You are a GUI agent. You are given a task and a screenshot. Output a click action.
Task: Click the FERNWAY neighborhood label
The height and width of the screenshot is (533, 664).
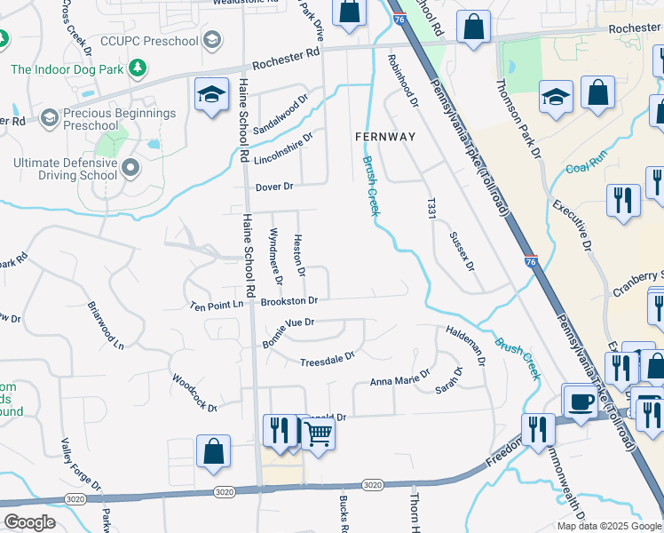click(x=384, y=137)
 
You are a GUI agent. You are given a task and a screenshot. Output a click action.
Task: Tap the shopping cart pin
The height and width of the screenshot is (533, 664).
click(x=317, y=434)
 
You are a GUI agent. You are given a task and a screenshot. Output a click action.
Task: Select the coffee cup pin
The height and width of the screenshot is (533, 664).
click(x=581, y=402)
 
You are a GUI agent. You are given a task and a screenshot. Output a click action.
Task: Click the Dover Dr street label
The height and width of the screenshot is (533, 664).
click(x=273, y=187)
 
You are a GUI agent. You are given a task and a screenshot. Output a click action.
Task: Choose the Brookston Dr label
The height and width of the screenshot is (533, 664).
click(x=289, y=301)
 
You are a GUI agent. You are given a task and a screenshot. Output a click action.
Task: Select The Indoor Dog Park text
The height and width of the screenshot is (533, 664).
click(x=67, y=68)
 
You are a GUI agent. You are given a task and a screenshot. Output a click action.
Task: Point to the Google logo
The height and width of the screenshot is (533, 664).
click(x=28, y=522)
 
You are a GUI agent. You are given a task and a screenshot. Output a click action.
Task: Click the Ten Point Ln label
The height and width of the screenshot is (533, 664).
click(x=217, y=305)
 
